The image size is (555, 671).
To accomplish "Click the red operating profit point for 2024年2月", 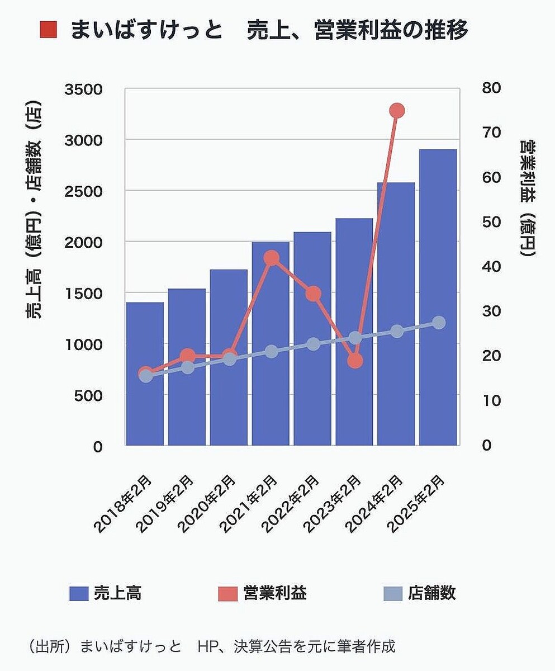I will click(397, 111).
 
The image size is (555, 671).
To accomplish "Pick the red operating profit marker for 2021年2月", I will click(271, 258).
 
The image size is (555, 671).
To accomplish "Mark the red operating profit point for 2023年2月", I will click(355, 361).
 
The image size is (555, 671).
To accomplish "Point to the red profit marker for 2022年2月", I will click(313, 294).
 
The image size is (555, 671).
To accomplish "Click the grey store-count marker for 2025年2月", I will click(439, 323).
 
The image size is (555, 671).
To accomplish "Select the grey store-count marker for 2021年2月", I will click(271, 352).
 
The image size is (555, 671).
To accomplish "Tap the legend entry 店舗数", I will click(420, 593).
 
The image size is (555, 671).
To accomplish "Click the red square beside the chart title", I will click(49, 30).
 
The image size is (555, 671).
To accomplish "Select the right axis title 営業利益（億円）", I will click(528, 199).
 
